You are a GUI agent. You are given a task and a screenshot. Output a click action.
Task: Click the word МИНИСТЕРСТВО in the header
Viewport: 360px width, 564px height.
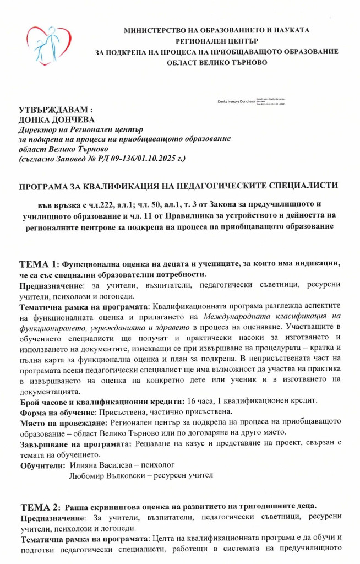pyautogui.click(x=156, y=30)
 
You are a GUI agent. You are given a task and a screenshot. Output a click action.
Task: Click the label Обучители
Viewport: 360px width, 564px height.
pyautogui.click(x=42, y=465)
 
